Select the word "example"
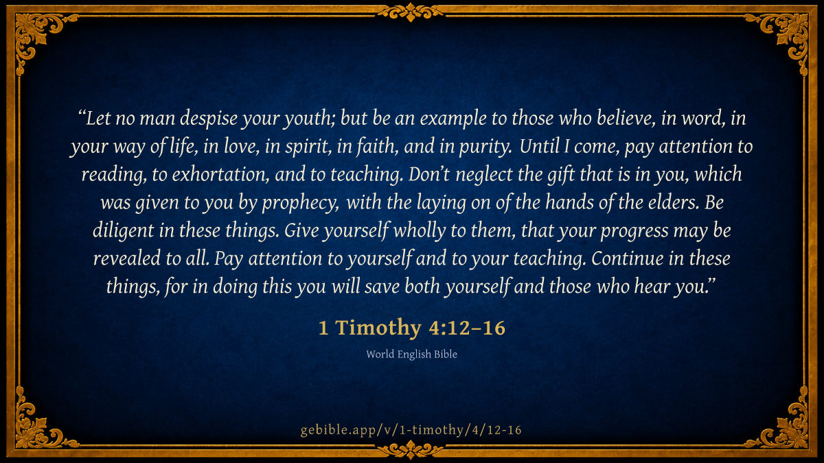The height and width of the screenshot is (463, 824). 453,118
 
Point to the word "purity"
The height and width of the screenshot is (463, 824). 485,147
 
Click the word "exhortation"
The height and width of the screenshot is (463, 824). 220,174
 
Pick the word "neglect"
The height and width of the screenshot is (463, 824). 484,174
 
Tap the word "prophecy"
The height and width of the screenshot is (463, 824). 301,203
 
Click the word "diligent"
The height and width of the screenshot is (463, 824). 123,230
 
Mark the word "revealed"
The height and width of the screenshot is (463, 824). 127,259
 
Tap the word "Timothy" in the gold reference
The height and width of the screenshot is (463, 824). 378,327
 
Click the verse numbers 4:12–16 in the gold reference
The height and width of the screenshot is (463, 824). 467,328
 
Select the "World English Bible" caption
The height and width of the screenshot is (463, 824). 411,354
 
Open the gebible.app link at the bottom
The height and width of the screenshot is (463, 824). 411,430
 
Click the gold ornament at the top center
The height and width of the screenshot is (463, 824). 411,12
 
